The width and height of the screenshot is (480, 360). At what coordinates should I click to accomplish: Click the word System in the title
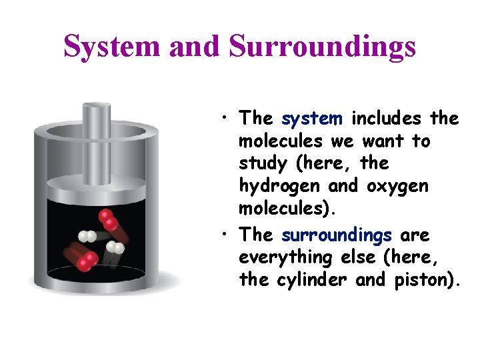111,47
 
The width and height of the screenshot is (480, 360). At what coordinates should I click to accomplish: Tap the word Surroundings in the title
322,47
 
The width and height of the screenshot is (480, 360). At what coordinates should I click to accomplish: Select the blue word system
312,119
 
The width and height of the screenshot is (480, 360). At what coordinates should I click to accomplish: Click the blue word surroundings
337,235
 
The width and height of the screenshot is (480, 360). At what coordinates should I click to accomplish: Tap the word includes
385,119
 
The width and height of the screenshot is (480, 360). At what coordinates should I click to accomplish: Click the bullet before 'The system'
227,119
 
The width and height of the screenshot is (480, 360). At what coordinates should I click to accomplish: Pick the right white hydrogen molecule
115,248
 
